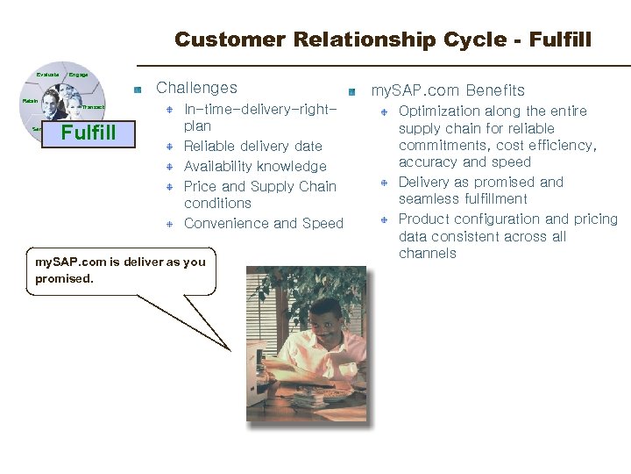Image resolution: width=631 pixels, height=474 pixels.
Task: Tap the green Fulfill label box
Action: [x=89, y=133]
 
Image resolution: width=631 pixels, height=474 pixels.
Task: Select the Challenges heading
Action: [x=196, y=88]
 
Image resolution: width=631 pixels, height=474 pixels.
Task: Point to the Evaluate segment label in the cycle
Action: [x=48, y=75]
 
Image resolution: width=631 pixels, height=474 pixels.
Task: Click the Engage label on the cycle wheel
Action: [x=78, y=75]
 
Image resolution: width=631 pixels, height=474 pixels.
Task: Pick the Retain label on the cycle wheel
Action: [x=30, y=102]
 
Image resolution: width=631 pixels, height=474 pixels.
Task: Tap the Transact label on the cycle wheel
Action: [x=93, y=107]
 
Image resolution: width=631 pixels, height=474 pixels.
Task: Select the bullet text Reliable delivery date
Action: [x=252, y=146]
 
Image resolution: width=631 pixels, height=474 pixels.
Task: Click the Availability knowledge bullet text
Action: [x=254, y=166]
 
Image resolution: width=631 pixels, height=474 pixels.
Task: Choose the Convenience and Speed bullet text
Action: [x=263, y=223]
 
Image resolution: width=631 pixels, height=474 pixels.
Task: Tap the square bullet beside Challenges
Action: [x=138, y=90]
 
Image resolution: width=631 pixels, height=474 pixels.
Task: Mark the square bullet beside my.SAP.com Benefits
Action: [x=351, y=92]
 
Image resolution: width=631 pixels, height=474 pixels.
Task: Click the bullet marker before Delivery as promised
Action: [x=384, y=183]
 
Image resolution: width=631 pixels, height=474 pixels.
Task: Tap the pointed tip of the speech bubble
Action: [x=229, y=349]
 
